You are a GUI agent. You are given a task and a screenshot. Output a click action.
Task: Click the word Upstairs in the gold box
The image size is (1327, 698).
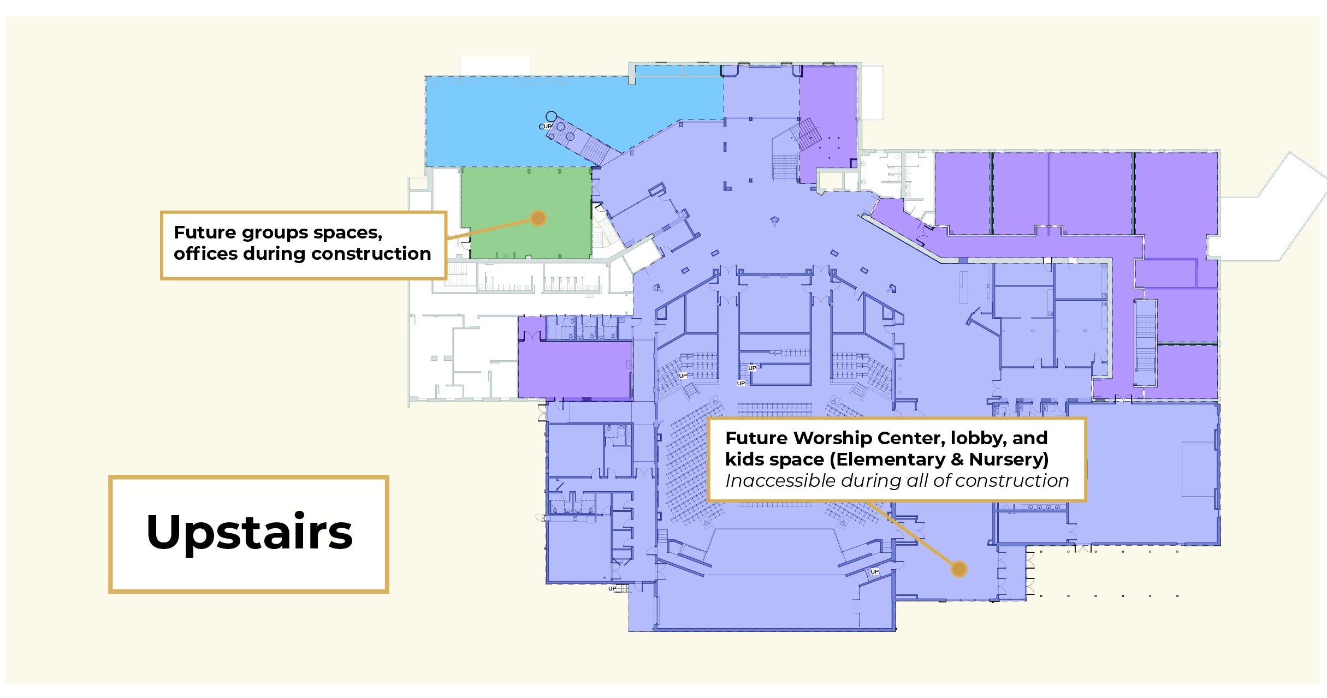coord(250,533)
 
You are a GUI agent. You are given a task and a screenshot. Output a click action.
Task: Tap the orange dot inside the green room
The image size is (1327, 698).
coord(538,218)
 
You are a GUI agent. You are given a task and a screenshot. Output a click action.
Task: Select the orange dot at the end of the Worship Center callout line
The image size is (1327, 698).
coord(959,569)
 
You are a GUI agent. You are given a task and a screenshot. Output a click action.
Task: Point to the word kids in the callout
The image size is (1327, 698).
coord(745,460)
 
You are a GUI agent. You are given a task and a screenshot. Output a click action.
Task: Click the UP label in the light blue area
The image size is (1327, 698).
coord(547,127)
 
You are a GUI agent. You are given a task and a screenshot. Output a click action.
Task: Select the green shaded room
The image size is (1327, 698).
coord(526,213)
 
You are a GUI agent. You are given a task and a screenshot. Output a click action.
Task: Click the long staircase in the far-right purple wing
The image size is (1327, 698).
coord(1145,343)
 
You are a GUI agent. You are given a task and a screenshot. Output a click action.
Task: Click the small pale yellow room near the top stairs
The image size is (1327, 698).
coord(830,180)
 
